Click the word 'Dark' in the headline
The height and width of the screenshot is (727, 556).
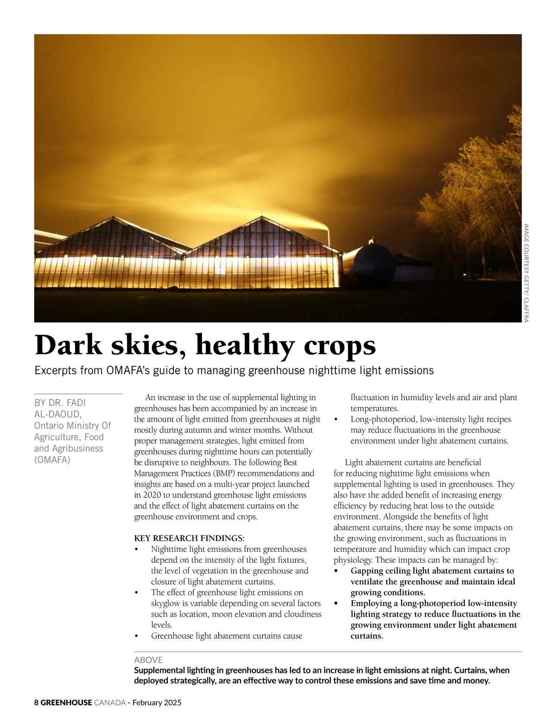[68, 345]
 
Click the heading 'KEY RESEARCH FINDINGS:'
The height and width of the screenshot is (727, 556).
[189, 538]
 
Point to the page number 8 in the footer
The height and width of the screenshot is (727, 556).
[37, 702]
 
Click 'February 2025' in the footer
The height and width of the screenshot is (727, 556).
[157, 702]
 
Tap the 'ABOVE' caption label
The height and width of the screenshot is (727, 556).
[148, 660]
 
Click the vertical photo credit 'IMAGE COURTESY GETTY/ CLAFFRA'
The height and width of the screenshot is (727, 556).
[526, 273]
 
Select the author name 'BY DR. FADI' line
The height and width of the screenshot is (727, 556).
[60, 403]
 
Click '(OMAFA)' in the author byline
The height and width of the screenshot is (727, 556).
[52, 460]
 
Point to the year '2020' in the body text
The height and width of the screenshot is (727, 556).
[149, 495]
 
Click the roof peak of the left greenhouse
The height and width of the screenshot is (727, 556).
[113, 217]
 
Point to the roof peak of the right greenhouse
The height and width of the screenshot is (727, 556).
[260, 216]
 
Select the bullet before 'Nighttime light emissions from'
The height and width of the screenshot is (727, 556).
[136, 550]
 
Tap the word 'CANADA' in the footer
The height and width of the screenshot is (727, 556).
[110, 702]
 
